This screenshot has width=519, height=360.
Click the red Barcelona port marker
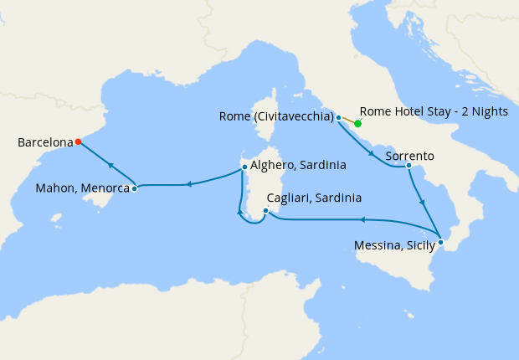tap(78, 141)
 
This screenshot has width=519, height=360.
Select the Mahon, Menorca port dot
tap(134, 188)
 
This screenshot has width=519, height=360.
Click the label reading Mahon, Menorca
tap(82, 189)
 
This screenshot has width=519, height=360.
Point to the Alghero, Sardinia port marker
tap(244, 167)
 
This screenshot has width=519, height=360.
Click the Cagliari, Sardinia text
tap(313, 198)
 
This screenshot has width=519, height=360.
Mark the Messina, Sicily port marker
tap(441, 242)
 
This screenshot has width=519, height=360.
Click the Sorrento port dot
tap(408, 165)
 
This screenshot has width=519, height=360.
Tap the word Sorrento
tap(409, 156)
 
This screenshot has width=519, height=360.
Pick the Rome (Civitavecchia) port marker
tap(339, 118)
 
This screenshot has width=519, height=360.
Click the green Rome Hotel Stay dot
tap(357, 124)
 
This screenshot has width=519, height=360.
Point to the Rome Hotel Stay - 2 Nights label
tap(432, 111)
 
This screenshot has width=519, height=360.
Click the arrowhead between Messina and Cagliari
tap(363, 219)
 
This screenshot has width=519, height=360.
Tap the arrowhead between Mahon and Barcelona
tap(110, 166)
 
